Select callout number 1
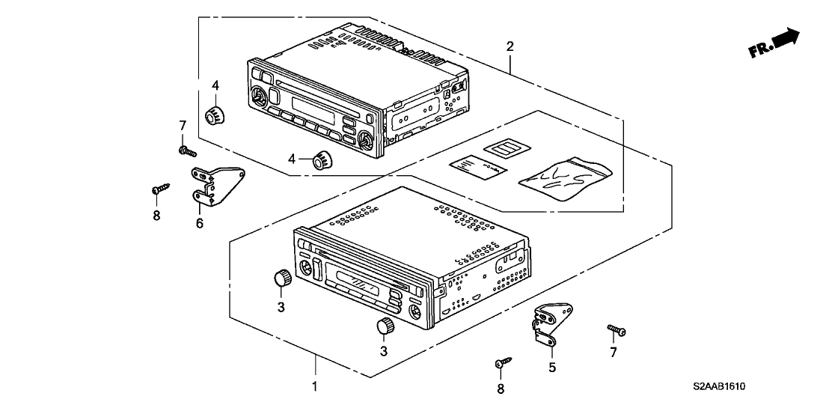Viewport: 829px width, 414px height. pos(315,386)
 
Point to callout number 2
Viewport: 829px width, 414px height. pos(510,46)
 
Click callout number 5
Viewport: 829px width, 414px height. pos(552,368)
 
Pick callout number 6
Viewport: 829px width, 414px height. pos(200,222)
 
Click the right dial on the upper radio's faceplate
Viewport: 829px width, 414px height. pos(366,139)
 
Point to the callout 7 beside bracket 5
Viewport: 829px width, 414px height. pos(613,352)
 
